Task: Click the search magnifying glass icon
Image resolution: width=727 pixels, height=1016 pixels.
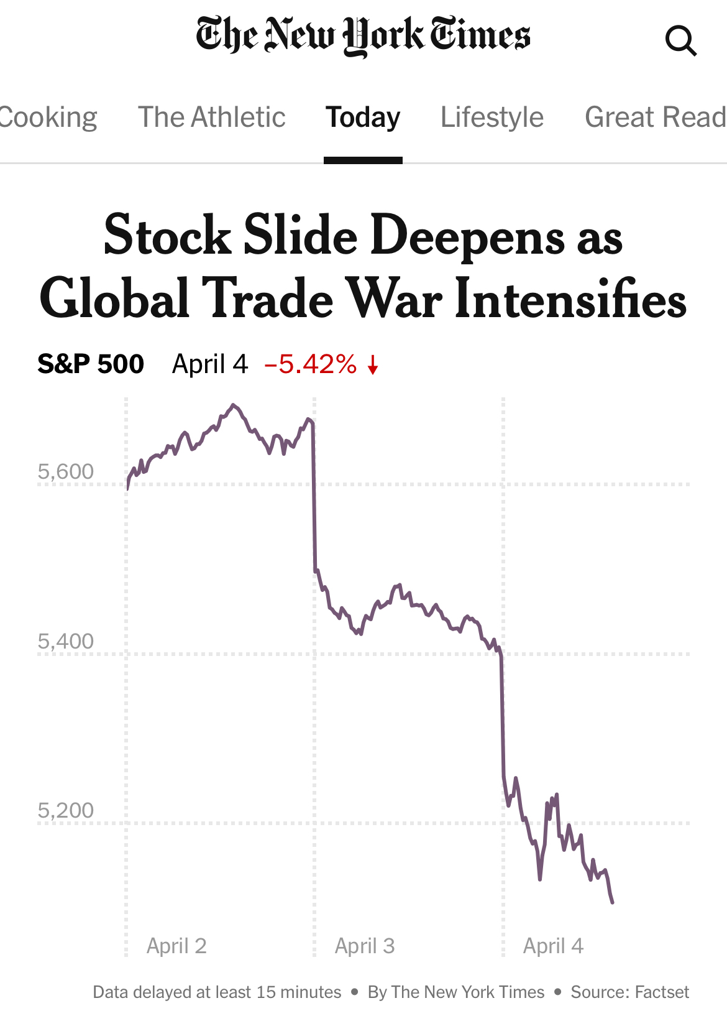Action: [680, 41]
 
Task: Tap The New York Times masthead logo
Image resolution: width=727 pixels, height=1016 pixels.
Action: [363, 35]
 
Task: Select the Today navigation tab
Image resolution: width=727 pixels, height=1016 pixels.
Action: [363, 118]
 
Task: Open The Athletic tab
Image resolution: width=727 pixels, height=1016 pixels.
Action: [211, 118]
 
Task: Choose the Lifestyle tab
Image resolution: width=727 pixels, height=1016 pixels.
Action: [492, 118]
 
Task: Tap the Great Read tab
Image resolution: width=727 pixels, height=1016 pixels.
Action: [655, 118]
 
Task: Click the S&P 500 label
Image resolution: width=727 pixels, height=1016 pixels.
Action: [91, 364]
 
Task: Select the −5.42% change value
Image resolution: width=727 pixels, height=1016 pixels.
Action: [311, 364]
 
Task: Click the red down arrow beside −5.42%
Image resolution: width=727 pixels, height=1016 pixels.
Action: [373, 365]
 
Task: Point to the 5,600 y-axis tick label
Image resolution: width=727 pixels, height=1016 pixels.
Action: [65, 471]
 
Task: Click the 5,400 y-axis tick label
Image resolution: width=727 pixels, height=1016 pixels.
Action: [65, 641]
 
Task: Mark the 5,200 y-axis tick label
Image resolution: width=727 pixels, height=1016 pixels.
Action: [65, 810]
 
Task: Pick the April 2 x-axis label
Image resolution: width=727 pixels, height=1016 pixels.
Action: [176, 946]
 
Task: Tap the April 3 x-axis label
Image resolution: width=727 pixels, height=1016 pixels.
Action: [365, 946]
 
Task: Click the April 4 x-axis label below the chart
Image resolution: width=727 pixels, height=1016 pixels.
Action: [553, 946]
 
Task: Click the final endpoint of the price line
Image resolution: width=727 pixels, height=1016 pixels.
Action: [613, 902]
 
